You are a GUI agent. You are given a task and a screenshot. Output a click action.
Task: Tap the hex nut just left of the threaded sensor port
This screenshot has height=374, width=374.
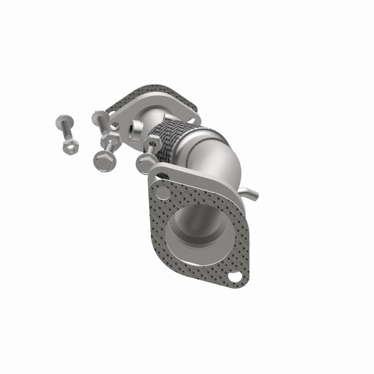(x=113, y=139)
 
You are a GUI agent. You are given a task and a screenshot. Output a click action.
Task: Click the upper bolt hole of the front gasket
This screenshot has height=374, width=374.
(x=162, y=180)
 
